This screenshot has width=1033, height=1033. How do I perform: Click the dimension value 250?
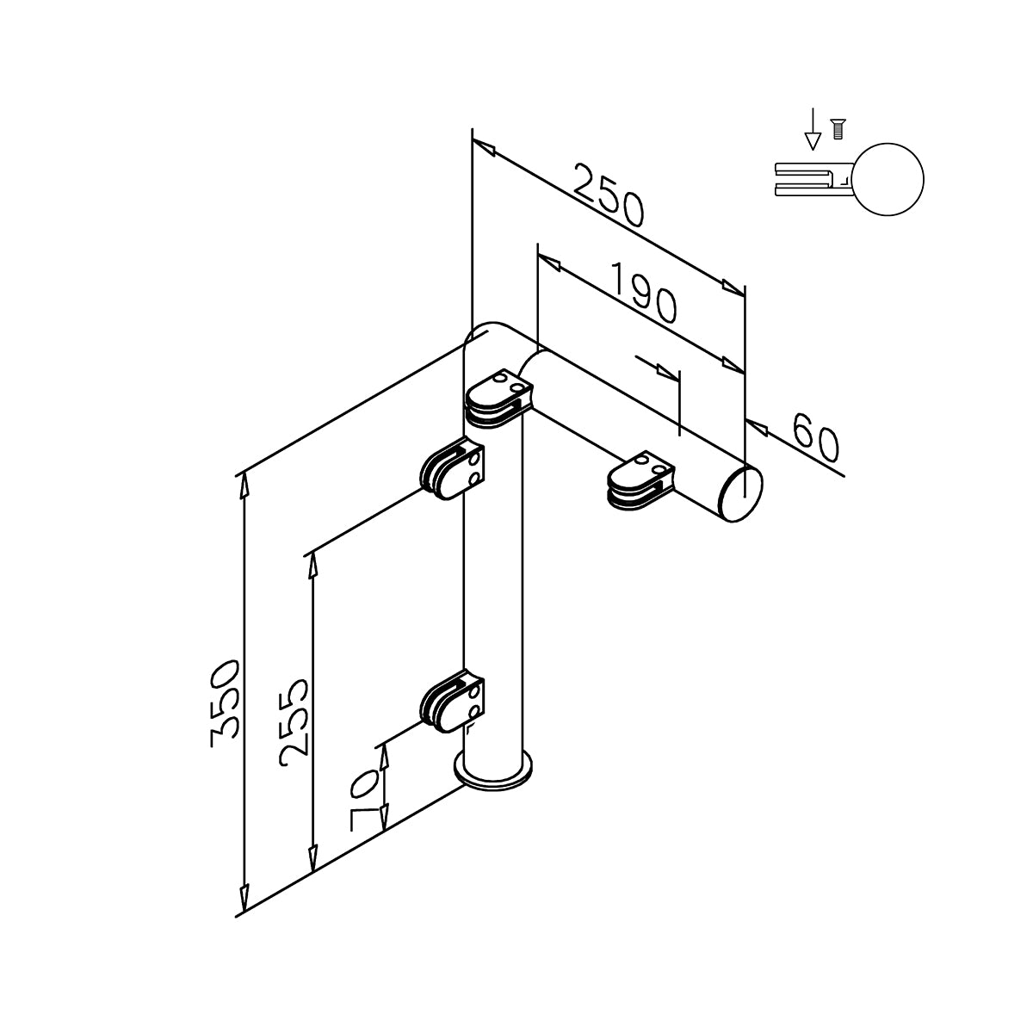609,195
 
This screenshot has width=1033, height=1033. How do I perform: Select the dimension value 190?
644,292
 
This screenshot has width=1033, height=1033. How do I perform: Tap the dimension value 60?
815,437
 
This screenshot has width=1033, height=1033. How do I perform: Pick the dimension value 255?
294,717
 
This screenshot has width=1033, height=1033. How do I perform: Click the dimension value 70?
364,800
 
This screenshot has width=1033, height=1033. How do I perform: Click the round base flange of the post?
492,775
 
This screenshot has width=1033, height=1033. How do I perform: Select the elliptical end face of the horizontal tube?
742,494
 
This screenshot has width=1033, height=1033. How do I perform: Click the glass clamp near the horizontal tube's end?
640,481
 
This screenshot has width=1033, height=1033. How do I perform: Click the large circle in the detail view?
888,180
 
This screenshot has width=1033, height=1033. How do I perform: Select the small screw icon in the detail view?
838,129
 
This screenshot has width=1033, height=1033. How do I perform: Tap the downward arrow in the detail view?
813,128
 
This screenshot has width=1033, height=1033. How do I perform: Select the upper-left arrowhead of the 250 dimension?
484,147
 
